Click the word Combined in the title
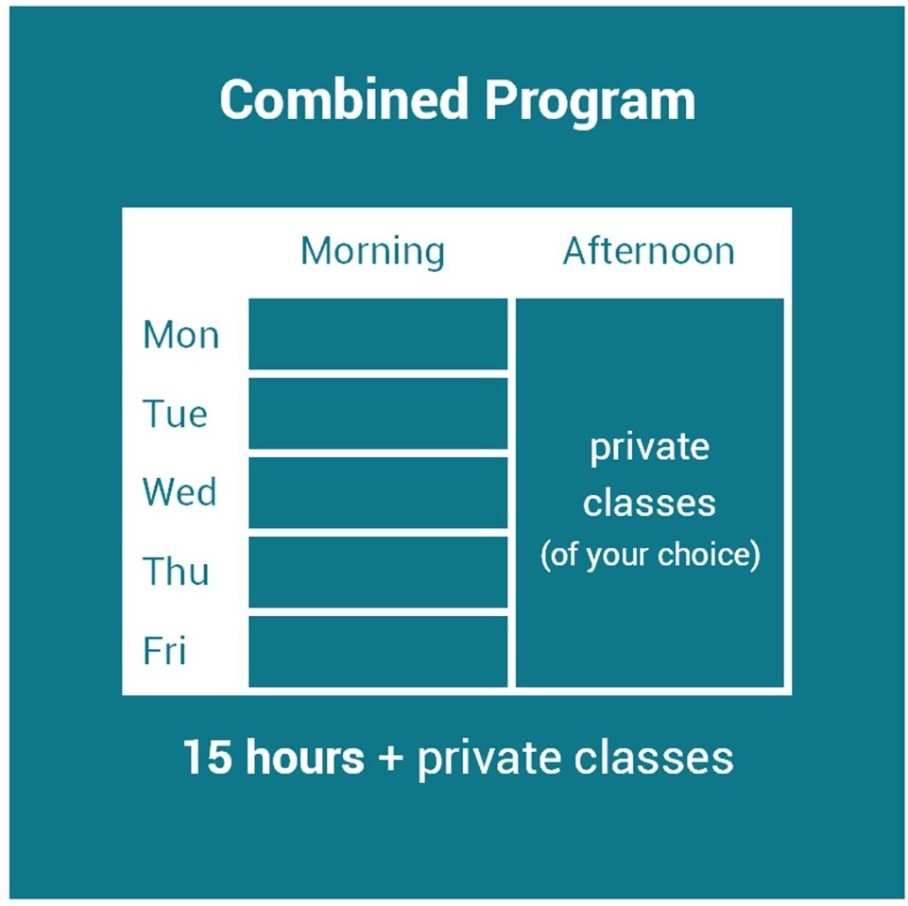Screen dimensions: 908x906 [344, 99]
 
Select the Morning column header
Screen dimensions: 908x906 [373, 252]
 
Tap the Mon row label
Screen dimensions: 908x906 [180, 334]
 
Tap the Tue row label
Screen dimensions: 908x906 [175, 414]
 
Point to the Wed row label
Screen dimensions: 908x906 [180, 492]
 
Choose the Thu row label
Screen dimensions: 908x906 [176, 571]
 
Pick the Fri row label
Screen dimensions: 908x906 [164, 650]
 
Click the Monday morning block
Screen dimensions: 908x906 [378, 334]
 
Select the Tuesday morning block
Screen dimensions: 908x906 [378, 414]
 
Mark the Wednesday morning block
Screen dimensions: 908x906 [378, 492]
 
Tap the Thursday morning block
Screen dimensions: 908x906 [378, 572]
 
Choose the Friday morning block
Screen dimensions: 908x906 [378, 651]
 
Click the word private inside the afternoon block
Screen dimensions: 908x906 [650, 449]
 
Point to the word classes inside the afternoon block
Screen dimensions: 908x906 [649, 502]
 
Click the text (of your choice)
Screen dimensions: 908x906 [650, 555]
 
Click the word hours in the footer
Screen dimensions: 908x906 [305, 757]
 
